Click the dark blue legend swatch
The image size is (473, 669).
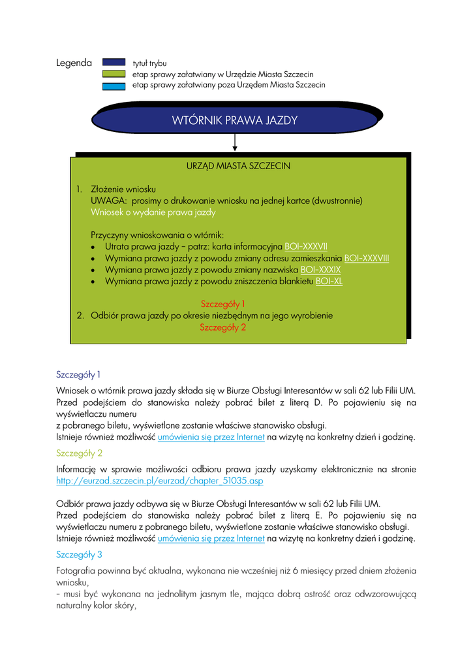[x=114, y=63]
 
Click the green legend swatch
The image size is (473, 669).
[x=114, y=74]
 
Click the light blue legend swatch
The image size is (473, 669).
[x=114, y=85]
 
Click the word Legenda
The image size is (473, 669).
[x=74, y=63]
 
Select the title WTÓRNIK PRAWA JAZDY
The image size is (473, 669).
[x=234, y=120]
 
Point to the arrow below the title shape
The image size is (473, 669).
[x=234, y=142]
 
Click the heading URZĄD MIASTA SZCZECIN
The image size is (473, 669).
[x=238, y=166]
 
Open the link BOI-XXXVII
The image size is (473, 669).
[x=306, y=247]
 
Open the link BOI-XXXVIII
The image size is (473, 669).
[x=366, y=258]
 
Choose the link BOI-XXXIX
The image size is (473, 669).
[x=320, y=270]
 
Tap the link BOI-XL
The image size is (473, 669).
[x=329, y=282]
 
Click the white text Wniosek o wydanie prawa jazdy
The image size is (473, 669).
[x=153, y=212]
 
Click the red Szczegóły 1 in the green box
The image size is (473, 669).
[x=222, y=304]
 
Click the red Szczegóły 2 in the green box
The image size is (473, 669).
[x=222, y=327]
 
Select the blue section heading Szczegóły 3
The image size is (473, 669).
[x=79, y=555]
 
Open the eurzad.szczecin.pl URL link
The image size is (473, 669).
[x=160, y=481]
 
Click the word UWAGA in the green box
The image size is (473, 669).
[x=105, y=201]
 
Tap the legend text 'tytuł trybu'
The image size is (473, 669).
[x=149, y=63]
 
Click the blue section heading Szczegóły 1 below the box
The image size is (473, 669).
[x=79, y=375]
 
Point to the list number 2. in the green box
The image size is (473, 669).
[x=80, y=316]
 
